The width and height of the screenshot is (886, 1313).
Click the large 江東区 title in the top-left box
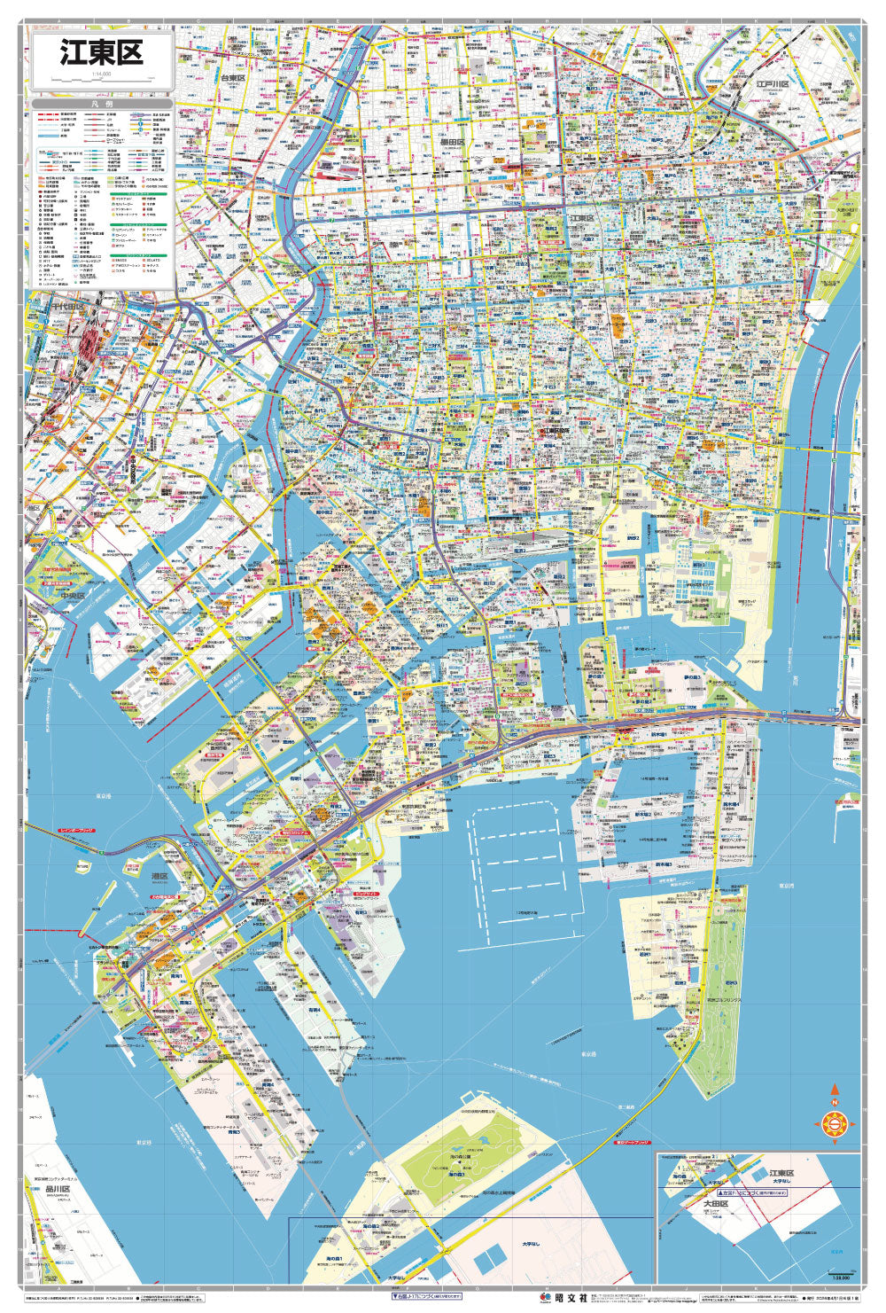[x=101, y=53]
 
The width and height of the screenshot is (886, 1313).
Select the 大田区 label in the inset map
[x=715, y=1204]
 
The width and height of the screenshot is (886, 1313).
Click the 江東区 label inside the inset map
[x=781, y=1172]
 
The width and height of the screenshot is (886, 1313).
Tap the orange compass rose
[x=834, y=1124]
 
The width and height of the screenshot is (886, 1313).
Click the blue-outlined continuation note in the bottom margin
[x=426, y=1296]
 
